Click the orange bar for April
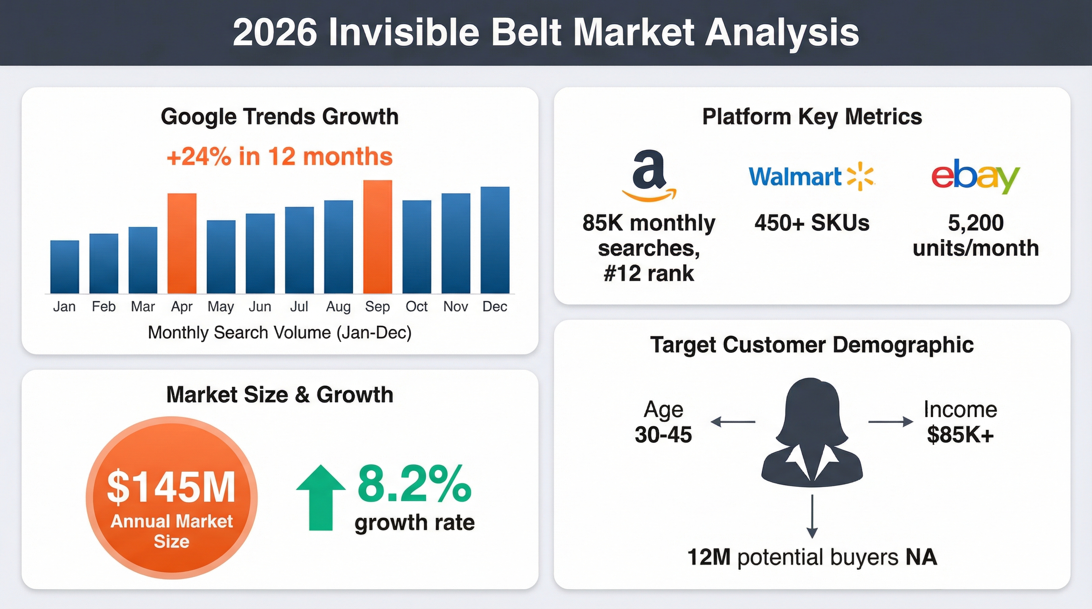click(182, 243)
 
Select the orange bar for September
click(377, 237)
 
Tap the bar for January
click(64, 267)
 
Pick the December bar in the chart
click(495, 240)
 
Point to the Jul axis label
click(299, 306)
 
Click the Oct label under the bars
click(416, 306)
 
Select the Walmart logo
click(811, 176)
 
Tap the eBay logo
click(975, 176)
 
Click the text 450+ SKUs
click(811, 223)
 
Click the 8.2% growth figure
click(414, 484)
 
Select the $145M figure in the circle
click(171, 487)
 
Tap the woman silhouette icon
click(811, 432)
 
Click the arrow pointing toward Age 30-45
click(732, 422)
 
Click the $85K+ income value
click(960, 435)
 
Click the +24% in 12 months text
click(280, 157)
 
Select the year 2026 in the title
click(275, 33)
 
